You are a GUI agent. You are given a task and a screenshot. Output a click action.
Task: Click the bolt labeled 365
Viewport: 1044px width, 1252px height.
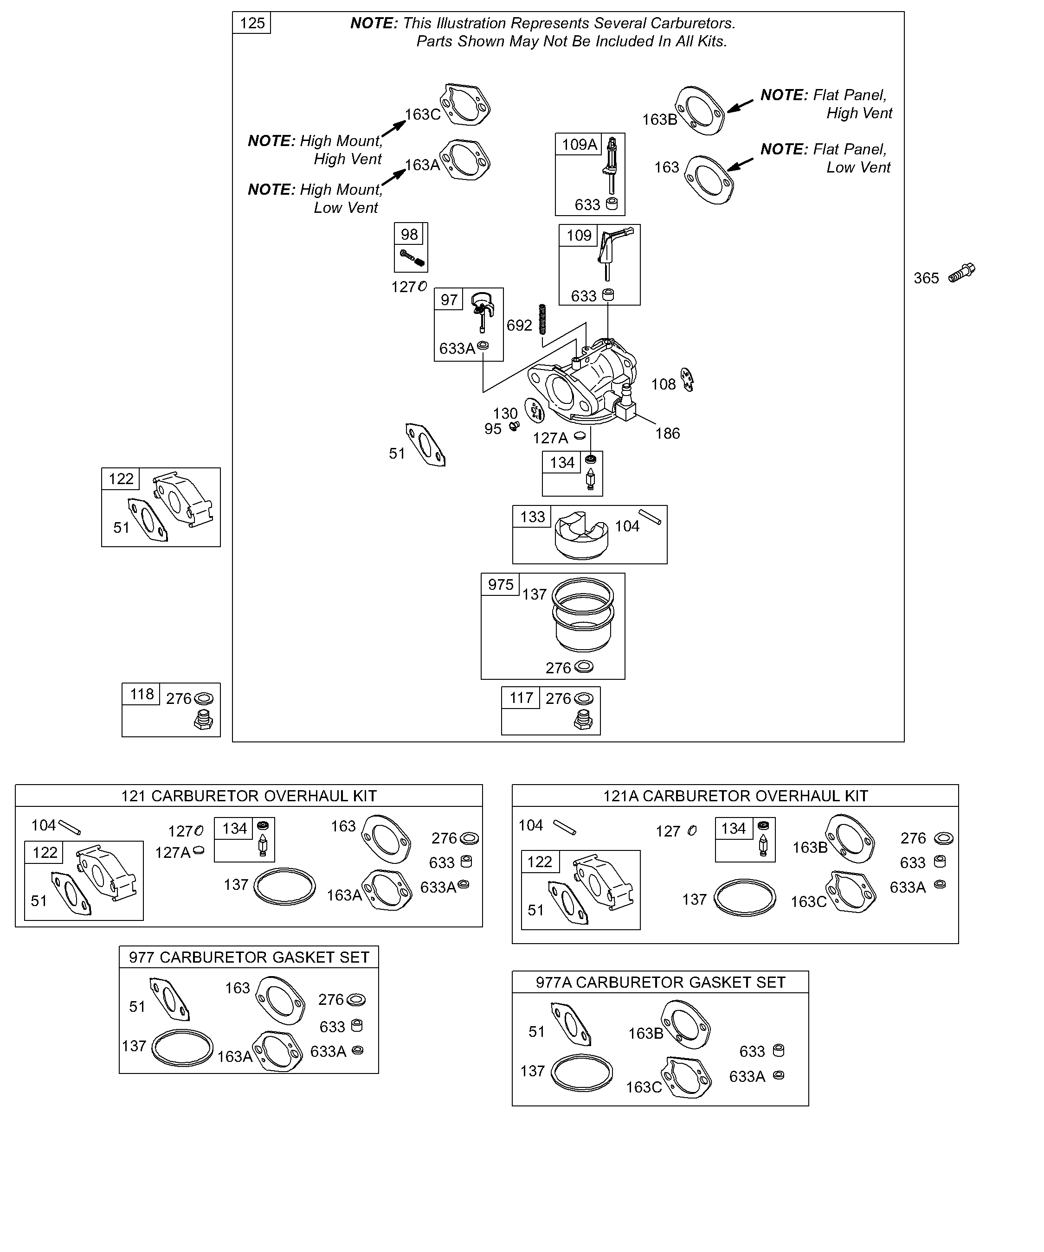tap(961, 273)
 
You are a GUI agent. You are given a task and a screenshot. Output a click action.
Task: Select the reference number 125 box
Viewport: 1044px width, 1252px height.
tap(252, 23)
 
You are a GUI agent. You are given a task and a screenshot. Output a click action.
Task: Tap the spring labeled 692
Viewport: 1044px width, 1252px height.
tap(542, 319)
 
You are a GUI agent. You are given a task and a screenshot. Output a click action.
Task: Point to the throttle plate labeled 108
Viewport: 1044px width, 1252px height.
tap(688, 380)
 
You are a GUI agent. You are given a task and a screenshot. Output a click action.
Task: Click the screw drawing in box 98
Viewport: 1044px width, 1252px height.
tap(412, 257)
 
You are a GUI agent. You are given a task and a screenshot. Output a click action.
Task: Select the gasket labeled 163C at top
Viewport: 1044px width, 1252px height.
tap(465, 104)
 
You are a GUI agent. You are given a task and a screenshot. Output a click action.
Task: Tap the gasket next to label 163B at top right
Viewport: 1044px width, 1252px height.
tap(700, 110)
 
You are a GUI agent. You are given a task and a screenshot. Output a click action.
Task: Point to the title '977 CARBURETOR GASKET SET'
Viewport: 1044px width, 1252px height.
tap(249, 957)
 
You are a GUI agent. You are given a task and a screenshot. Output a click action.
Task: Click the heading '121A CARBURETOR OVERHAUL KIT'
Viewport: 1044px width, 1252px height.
tap(735, 796)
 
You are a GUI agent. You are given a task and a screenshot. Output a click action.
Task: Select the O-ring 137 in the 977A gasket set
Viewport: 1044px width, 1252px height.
tap(582, 1073)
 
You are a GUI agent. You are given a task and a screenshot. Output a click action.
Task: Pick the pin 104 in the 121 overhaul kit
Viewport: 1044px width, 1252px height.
tap(70, 828)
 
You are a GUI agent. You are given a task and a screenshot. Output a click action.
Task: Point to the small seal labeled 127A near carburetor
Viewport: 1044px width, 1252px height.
tap(579, 436)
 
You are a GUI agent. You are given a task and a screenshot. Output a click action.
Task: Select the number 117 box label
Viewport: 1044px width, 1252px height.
tap(521, 697)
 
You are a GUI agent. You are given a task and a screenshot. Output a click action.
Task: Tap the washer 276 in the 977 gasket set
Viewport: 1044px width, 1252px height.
tap(356, 1000)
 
